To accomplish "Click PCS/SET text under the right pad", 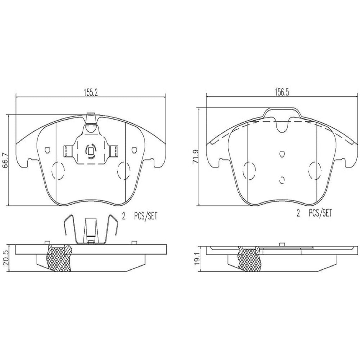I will pyautogui.click(x=320, y=213).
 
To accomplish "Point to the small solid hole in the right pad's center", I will pyautogui.click(x=282, y=154).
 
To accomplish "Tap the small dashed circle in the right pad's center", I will pyautogui.click(x=282, y=180).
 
